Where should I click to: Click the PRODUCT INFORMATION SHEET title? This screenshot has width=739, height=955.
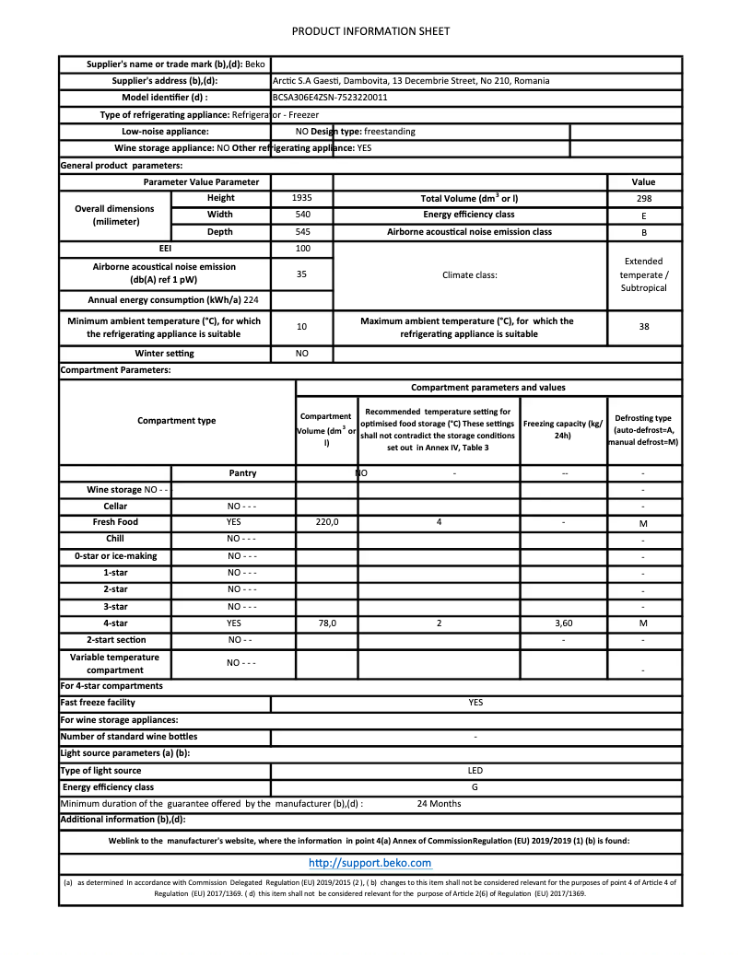370,31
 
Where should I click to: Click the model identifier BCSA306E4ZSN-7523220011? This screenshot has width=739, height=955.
330,98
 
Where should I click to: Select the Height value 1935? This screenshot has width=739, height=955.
301,198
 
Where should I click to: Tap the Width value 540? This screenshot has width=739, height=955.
301,215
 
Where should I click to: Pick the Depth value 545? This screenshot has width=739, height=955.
301,232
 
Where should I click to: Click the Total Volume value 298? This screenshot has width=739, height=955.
644,198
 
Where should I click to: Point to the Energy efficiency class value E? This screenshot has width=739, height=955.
644,215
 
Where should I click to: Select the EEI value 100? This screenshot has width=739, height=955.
301,249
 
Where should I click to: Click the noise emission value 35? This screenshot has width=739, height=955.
301,274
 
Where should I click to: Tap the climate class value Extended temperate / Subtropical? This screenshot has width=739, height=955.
644,274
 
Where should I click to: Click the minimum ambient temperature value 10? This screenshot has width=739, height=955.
301,327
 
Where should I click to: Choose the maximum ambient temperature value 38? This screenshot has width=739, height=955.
644,327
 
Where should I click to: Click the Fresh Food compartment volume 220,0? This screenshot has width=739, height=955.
327,522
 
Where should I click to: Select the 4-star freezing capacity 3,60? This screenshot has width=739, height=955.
564,623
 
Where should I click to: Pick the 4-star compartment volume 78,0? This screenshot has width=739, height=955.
327,623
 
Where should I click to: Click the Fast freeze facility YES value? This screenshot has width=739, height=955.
475,703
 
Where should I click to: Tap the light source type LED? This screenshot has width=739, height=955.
475,771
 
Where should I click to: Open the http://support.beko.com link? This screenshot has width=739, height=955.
369,863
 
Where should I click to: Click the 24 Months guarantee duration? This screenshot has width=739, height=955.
439,804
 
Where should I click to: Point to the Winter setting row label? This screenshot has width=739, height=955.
165,354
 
